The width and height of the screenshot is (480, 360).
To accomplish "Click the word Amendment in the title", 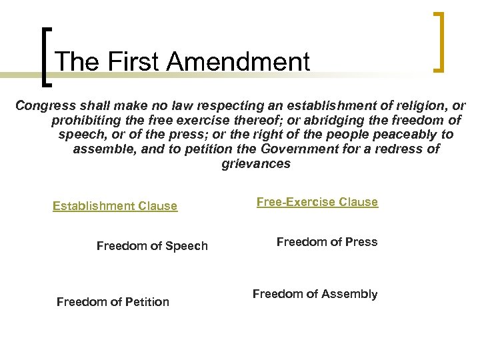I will [x=238, y=62].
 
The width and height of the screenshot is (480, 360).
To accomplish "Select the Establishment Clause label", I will [x=115, y=206].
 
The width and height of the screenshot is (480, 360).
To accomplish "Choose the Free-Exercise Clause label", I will [x=317, y=202].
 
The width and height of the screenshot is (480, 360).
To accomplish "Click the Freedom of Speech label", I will [x=152, y=246].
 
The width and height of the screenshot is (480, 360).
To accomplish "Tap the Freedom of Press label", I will [x=327, y=242].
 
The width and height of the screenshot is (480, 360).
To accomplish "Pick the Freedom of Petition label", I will [x=113, y=302].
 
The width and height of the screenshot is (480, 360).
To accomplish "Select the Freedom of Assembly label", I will [x=315, y=294].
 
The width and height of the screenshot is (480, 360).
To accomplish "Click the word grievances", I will [x=256, y=163].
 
